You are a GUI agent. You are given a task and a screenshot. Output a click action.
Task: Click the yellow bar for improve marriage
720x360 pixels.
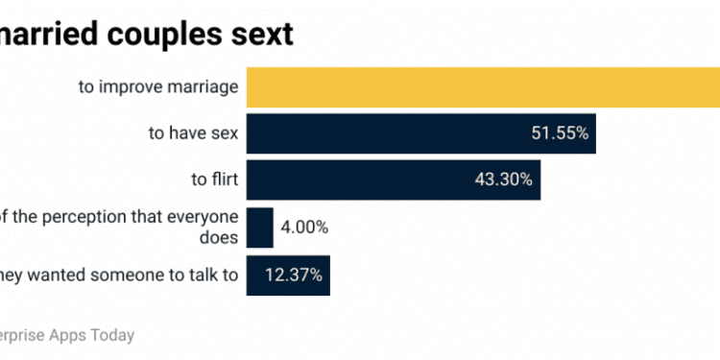pos(480,86)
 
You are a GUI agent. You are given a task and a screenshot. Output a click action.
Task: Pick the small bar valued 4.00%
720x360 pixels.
pos(259,228)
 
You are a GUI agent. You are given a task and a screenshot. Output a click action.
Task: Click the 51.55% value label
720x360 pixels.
pos(559,133)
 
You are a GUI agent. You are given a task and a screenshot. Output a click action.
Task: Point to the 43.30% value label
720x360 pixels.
pos(504,180)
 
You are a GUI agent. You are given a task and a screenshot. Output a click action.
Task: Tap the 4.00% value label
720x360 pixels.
pos(304,228)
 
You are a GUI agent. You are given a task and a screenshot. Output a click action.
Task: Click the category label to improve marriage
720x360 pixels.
pos(158,87)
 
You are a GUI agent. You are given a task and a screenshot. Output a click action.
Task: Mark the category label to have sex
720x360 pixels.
pos(192,133)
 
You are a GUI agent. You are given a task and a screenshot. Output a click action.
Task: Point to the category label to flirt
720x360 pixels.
pos(214,180)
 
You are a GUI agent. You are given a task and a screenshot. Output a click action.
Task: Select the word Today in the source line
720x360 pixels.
pos(112,335)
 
